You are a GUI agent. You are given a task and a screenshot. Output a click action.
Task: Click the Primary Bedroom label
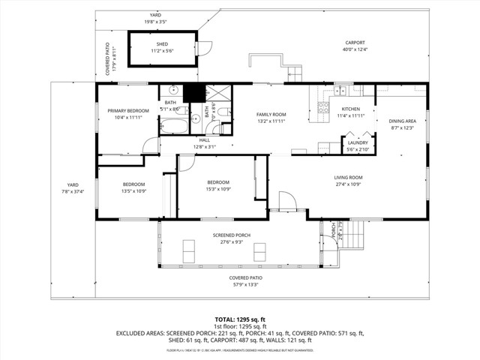[123, 111]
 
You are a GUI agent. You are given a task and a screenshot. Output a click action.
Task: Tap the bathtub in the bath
[177, 125]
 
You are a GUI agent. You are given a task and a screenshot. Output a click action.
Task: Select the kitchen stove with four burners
[324, 107]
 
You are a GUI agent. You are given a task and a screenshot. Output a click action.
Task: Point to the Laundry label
[358, 142]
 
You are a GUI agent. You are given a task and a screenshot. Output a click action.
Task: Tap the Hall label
[204, 140]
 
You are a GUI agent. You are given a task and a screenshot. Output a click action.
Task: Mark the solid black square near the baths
[193, 92]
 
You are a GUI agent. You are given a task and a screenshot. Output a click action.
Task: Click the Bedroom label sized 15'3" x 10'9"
[218, 182]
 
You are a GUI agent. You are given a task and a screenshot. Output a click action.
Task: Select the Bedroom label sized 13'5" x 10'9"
[133, 184]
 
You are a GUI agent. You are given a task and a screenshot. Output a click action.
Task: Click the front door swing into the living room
[286, 201]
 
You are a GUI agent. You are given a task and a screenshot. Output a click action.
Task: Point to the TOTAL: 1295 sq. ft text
[239, 319]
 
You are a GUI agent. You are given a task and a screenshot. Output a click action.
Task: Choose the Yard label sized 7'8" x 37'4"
[72, 184]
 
